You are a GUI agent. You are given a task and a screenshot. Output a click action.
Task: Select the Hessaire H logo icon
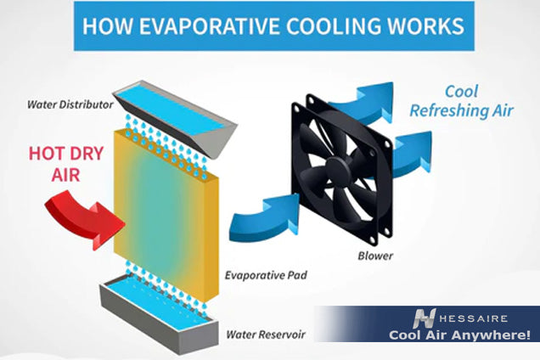tap(425, 318)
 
